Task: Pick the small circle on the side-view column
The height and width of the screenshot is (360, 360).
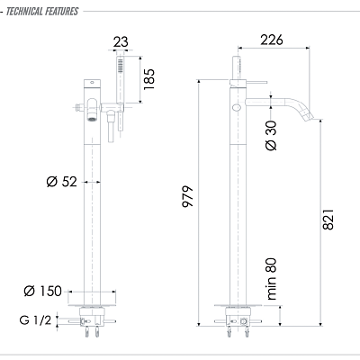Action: [x=235, y=106]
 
